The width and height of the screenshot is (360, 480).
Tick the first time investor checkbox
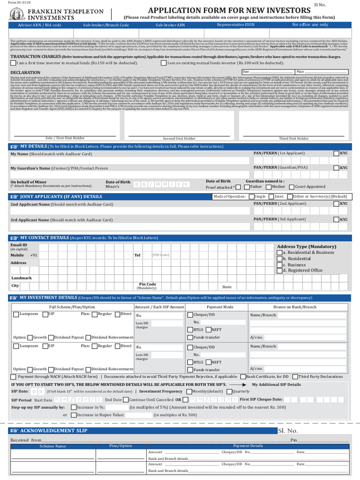[x=13, y=62]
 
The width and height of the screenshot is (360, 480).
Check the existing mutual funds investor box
[x=163, y=62]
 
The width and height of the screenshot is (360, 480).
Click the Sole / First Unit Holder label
[x=65, y=138]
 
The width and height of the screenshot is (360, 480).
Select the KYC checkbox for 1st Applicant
[x=337, y=153]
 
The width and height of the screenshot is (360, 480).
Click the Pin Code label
[x=148, y=284]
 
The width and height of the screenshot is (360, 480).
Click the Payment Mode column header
[x=220, y=307]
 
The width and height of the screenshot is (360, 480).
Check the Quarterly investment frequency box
[x=229, y=391]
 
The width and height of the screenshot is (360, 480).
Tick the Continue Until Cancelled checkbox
[x=126, y=400]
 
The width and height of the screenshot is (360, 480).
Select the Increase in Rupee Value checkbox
[x=74, y=415]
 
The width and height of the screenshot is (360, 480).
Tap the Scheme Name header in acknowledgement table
[x=53, y=446]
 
